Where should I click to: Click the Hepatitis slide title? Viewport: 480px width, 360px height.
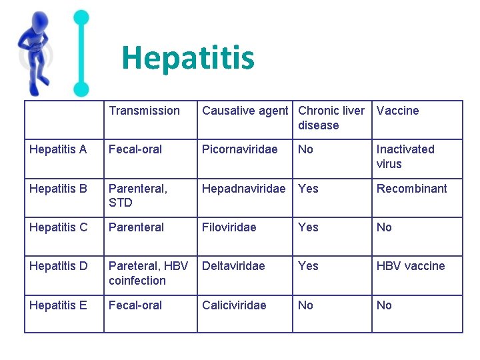[x=188, y=58]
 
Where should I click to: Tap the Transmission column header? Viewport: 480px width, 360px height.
[x=144, y=111]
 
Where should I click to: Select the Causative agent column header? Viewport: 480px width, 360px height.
[x=245, y=111]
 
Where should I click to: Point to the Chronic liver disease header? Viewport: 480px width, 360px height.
[x=331, y=118]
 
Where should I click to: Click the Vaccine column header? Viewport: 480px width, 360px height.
[x=397, y=111]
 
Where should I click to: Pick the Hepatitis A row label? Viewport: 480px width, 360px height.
[x=58, y=149]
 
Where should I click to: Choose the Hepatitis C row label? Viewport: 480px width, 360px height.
[x=59, y=227]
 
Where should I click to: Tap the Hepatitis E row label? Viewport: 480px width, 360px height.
[x=58, y=305]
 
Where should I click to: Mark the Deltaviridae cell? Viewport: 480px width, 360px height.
[x=233, y=266]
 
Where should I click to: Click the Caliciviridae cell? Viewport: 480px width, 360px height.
[x=234, y=305]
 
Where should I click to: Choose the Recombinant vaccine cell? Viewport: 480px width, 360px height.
[x=411, y=189]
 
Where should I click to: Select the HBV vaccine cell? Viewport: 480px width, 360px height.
[x=410, y=266]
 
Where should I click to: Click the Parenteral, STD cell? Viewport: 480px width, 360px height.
[x=138, y=195]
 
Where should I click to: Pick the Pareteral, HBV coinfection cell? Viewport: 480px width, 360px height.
[x=148, y=273]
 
